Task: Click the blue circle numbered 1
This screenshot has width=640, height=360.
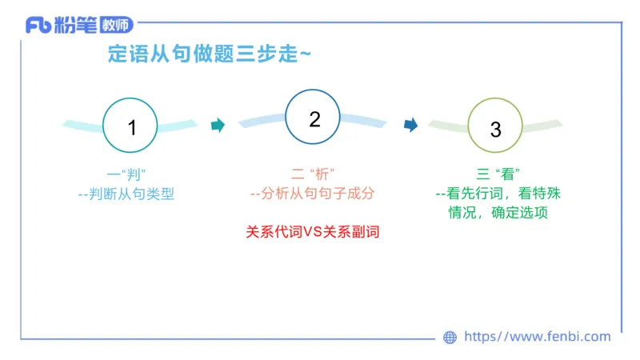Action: point(131,126)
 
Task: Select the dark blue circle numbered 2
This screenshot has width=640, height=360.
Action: point(314,120)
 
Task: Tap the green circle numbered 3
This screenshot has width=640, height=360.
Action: point(495,128)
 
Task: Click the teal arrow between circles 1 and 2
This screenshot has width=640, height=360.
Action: point(217,125)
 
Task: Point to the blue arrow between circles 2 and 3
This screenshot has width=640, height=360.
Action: point(410,125)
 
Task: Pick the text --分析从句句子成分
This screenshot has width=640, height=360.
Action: point(312,194)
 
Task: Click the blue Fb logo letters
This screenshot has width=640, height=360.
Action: point(38,26)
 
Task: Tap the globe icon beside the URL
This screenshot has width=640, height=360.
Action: point(450,338)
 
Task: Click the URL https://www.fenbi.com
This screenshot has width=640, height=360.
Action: point(537,337)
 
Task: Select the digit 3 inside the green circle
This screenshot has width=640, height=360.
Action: point(495,129)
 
